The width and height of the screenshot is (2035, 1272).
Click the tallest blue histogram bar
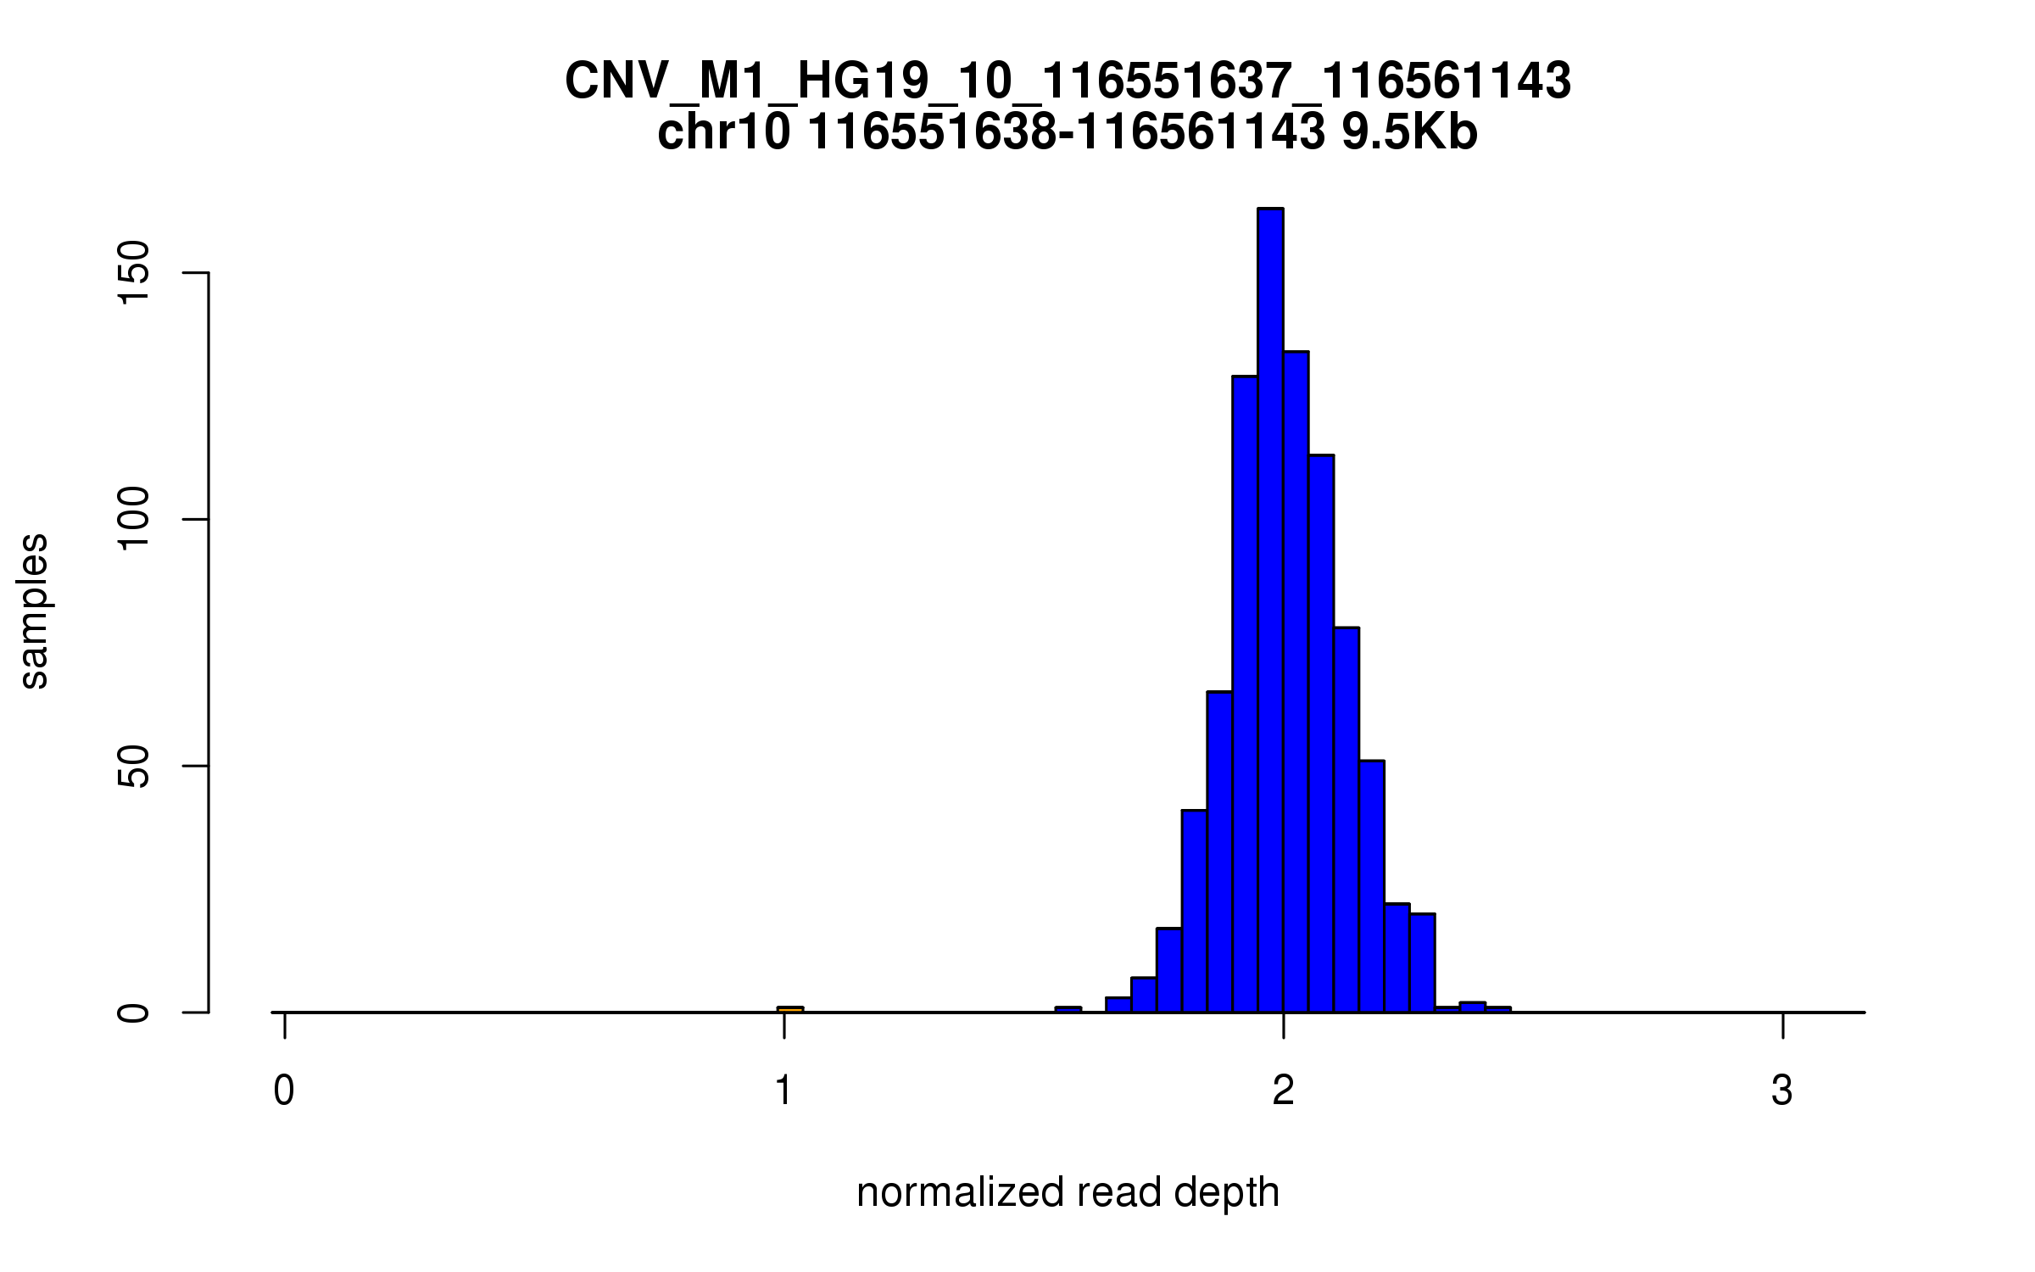pos(1270,611)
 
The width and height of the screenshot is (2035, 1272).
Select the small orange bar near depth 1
pos(789,1009)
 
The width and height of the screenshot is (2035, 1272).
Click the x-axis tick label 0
pos(284,1091)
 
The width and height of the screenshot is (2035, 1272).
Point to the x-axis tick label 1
pos(783,1091)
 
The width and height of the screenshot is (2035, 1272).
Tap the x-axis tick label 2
pos(1284,1091)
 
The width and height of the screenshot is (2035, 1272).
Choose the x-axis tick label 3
pos(1782,1091)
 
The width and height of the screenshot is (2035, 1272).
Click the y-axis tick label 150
pos(134,273)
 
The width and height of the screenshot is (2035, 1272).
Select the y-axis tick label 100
pos(134,519)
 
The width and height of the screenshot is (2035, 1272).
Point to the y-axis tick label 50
pos(134,766)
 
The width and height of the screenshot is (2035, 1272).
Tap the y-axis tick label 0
pos(134,1012)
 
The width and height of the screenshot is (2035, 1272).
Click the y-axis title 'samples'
pos(34,611)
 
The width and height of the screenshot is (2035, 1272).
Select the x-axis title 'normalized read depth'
pos(1068,1193)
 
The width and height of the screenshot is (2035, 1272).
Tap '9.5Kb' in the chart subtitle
pos(1409,132)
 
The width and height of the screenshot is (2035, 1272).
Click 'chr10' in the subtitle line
pos(724,132)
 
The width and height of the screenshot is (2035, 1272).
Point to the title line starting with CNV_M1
pos(1068,82)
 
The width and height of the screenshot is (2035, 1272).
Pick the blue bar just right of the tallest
pos(1296,678)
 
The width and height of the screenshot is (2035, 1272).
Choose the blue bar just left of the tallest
pos(1245,695)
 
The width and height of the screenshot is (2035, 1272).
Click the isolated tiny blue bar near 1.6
pos(1068,1009)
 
